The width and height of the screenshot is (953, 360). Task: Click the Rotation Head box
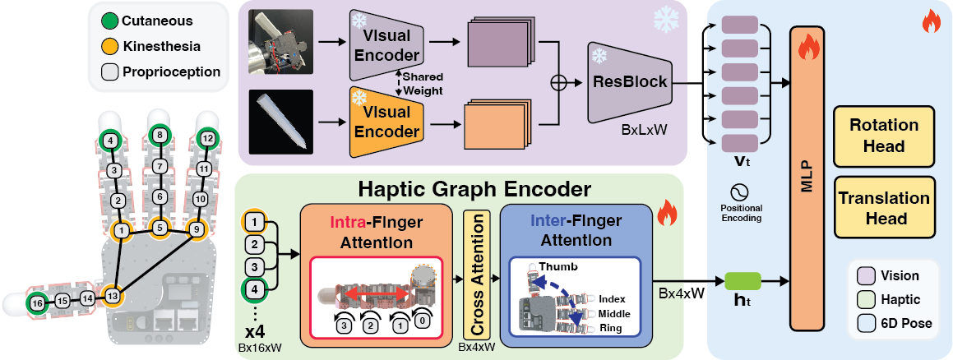(x=884, y=136)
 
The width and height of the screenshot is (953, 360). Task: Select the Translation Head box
(x=884, y=208)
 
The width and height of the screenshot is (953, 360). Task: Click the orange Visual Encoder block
(x=386, y=122)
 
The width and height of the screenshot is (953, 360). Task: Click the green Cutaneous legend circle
(x=109, y=21)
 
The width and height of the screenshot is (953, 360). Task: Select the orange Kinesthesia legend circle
(x=109, y=46)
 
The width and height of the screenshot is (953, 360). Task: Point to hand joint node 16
(x=38, y=302)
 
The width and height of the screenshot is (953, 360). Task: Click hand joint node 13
(x=112, y=296)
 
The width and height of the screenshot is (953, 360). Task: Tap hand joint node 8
(x=159, y=136)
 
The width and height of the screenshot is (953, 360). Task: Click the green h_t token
(x=743, y=280)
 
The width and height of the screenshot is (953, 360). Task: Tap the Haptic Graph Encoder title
(x=474, y=189)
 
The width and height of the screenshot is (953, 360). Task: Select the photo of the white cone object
(x=280, y=120)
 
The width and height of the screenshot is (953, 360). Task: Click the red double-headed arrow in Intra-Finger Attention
(x=378, y=293)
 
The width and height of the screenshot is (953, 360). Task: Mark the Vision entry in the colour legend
(x=893, y=275)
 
